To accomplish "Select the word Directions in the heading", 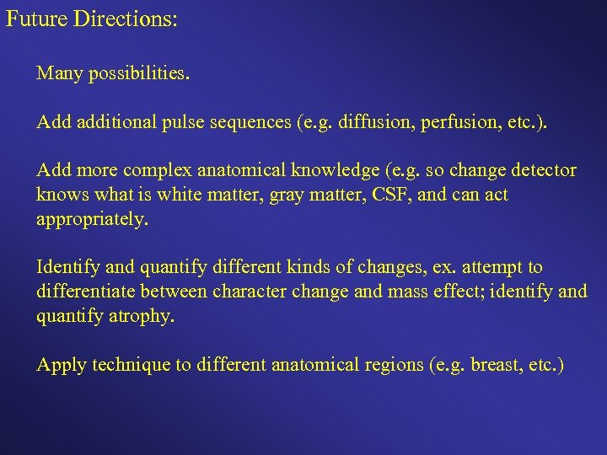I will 127,19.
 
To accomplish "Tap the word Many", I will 58,74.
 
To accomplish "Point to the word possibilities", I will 138,74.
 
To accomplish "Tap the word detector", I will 542,171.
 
